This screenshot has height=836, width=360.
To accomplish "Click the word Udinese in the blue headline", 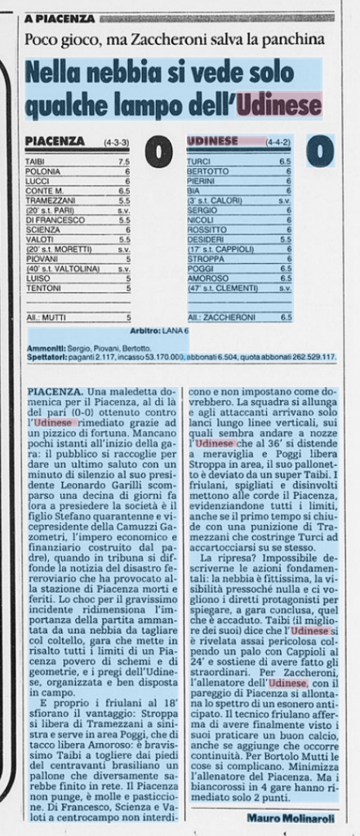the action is (278, 104).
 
